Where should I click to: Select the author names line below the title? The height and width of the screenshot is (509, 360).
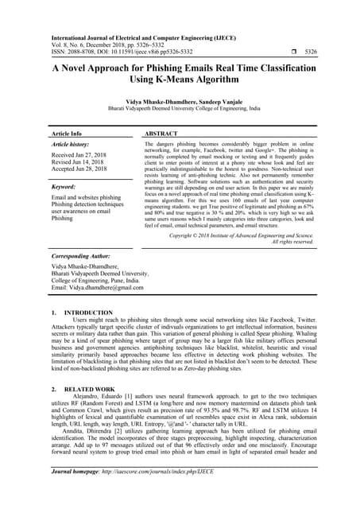coord(180,104)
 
